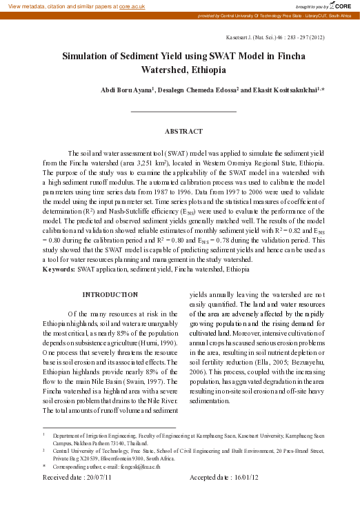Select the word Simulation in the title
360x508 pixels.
(88, 57)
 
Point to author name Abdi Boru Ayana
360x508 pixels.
(126, 90)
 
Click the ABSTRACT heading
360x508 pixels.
(183, 131)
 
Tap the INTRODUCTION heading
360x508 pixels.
(110, 294)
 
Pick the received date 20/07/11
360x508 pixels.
(110, 477)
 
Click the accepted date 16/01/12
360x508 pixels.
(245, 477)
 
